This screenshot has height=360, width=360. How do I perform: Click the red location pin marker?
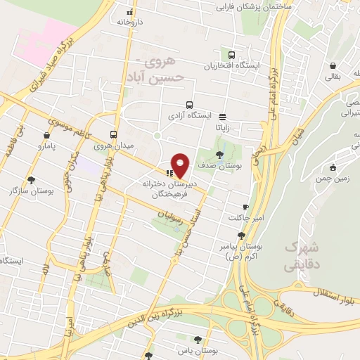pyautogui.click(x=181, y=165)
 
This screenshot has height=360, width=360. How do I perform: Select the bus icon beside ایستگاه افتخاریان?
pyautogui.click(x=231, y=55)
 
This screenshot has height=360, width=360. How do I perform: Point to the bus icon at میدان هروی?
pyautogui.click(x=113, y=134)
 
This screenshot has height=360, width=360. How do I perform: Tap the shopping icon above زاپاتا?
pyautogui.click(x=223, y=117)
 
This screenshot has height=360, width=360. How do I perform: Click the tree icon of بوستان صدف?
pyautogui.click(x=220, y=154)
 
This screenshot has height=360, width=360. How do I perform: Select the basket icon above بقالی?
pyautogui.click(x=331, y=66)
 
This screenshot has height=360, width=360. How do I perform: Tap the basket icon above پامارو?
pyautogui.click(x=46, y=135)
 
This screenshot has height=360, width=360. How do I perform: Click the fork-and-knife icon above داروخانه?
pyautogui.click(x=129, y=12)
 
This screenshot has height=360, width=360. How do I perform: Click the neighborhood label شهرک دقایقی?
pyautogui.click(x=303, y=257)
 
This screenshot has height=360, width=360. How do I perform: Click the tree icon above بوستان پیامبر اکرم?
pyautogui.click(x=242, y=236)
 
